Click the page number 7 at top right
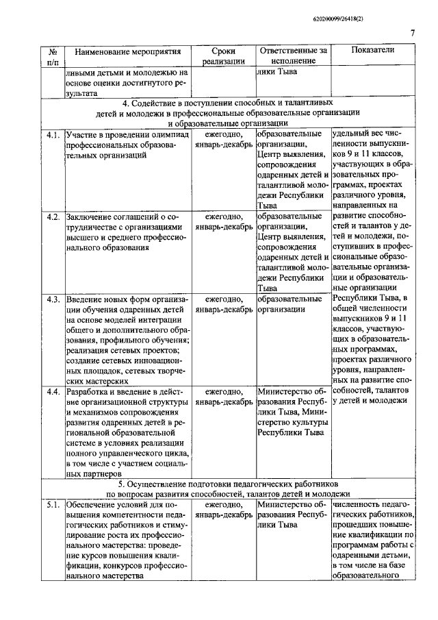click(413, 32)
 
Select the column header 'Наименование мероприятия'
click(128, 51)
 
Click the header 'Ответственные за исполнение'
click(294, 56)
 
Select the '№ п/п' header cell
click(53, 56)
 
